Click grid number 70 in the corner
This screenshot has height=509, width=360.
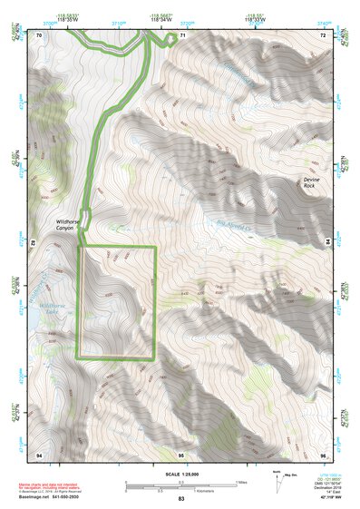click(39, 34)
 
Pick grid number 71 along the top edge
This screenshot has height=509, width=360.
click(181, 34)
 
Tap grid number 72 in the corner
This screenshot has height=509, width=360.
click(323, 34)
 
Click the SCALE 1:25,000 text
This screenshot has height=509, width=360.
click(180, 474)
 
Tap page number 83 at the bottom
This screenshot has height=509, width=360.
click(180, 500)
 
